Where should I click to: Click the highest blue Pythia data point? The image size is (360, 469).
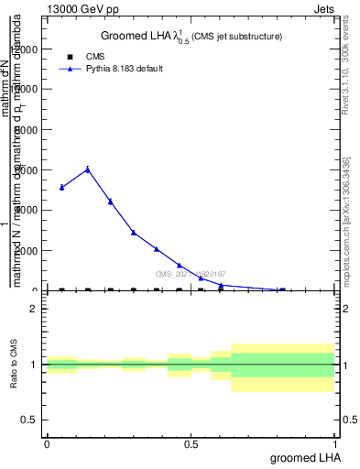click(88, 169)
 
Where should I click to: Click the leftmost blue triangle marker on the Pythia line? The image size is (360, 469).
click(61, 187)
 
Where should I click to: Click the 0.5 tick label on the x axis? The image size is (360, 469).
click(191, 443)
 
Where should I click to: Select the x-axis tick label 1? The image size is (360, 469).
click(337, 443)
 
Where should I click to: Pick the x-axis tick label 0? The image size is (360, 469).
click(47, 443)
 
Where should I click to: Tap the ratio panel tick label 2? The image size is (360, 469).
click(34, 309)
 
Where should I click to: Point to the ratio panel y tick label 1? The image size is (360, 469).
click(34, 365)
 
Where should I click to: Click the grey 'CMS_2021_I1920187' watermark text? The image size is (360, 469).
click(190, 274)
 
